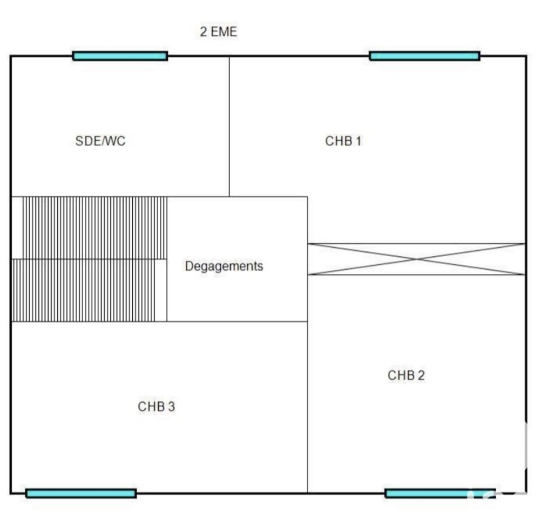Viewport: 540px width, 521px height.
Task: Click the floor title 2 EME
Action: (218, 32)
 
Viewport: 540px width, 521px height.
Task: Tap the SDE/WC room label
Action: (100, 141)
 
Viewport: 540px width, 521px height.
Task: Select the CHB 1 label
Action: (343, 141)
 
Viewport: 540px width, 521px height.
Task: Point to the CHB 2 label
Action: (406, 375)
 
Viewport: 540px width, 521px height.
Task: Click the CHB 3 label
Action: (156, 407)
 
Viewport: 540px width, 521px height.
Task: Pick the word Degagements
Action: (224, 266)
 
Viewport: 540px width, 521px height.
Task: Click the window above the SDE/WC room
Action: (120, 56)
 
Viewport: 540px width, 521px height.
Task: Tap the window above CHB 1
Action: (424, 56)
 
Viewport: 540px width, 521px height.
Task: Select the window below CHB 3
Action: (81, 493)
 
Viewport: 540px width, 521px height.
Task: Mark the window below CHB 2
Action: (440, 493)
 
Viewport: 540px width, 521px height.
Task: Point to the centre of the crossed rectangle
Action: (416, 259)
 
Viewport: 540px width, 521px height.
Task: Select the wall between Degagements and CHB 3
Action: (238, 321)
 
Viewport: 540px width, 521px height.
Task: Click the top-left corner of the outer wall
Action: (11, 56)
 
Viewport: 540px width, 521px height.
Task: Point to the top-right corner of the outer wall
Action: (526, 56)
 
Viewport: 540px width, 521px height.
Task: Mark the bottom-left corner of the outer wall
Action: (11, 493)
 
